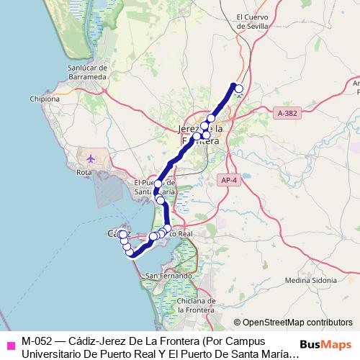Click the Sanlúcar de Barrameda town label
(87, 71)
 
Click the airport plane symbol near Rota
(90, 158)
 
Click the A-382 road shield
(287, 113)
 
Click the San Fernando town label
(168, 276)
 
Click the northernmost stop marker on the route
(239, 89)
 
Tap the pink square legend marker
(9, 343)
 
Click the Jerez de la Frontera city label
(199, 135)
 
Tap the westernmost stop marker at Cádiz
(122, 234)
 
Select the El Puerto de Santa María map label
(155, 187)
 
